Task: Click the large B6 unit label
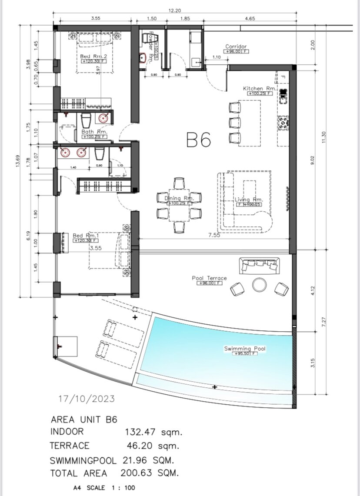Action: (x=199, y=140)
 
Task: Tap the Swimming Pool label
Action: (x=245, y=349)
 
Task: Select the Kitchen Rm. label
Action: (x=260, y=89)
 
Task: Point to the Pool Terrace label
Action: (x=209, y=278)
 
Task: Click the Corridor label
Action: (x=236, y=47)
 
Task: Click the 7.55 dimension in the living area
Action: (x=214, y=235)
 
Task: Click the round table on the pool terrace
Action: (x=260, y=285)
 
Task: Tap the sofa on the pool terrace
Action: (x=259, y=265)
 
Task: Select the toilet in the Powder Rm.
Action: (x=143, y=58)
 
